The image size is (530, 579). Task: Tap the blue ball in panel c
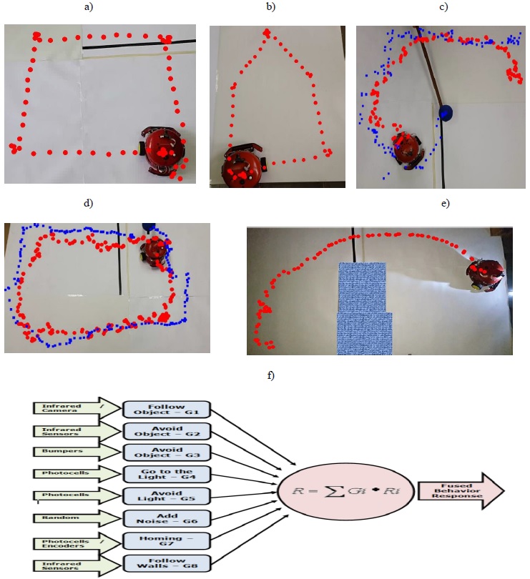click(x=447, y=112)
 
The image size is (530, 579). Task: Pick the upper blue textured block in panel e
click(x=361, y=286)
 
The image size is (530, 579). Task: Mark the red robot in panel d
click(x=154, y=250)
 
